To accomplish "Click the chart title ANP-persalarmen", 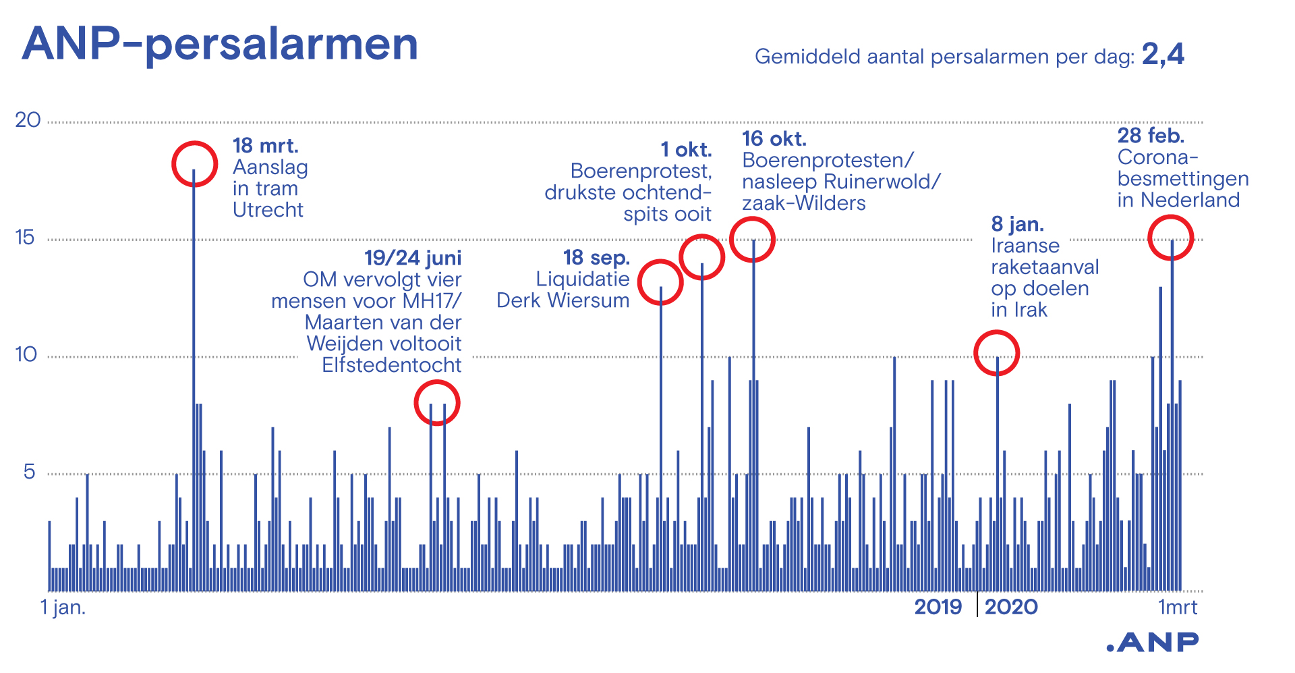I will (x=220, y=45).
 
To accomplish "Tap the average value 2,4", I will (x=1163, y=55).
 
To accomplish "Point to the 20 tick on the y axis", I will (x=28, y=120).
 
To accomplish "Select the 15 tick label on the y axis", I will (x=25, y=238).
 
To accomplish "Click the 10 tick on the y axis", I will (x=26, y=354).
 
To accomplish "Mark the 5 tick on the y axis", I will (x=29, y=472).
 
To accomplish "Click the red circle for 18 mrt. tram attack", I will (x=194, y=164).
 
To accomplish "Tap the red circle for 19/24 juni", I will (x=437, y=403).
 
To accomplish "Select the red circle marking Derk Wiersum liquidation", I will (x=660, y=282).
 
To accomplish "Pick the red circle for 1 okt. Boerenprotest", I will (x=702, y=257).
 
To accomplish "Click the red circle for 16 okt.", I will (x=753, y=239).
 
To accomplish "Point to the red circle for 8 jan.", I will (x=996, y=353).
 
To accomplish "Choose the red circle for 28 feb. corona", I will (x=1171, y=238).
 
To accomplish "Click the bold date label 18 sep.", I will (x=596, y=258).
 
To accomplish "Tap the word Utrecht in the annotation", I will (x=268, y=210).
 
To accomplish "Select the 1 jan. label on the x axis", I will (x=63, y=607).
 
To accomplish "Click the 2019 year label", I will (x=938, y=607).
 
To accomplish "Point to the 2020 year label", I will (x=1011, y=607).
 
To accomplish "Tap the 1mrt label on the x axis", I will (x=1178, y=607).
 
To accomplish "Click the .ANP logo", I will (x=1153, y=643).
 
